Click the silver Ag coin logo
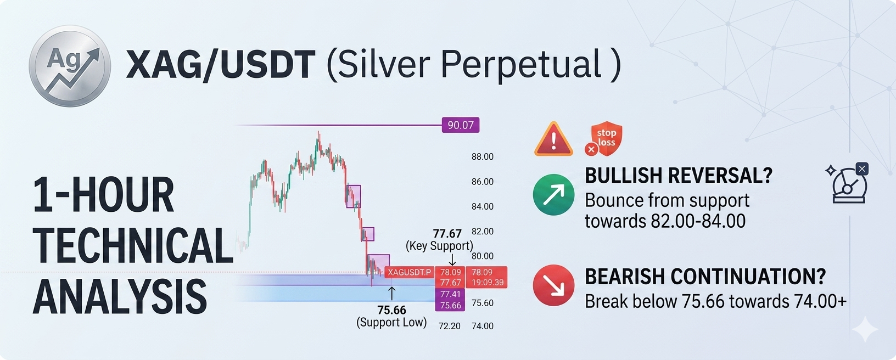[70, 66]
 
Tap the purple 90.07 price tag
[461, 125]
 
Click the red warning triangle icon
[553, 139]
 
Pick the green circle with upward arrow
[553, 195]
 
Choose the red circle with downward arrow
[553, 285]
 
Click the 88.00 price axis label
[483, 157]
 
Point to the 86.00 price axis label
[483, 182]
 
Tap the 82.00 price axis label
[483, 231]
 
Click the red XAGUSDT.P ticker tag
[410, 272]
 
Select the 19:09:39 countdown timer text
[488, 283]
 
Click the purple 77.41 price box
[450, 294]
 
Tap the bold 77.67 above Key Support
[447, 234]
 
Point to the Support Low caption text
[391, 322]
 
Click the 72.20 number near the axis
[450, 327]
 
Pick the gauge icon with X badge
[848, 183]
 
